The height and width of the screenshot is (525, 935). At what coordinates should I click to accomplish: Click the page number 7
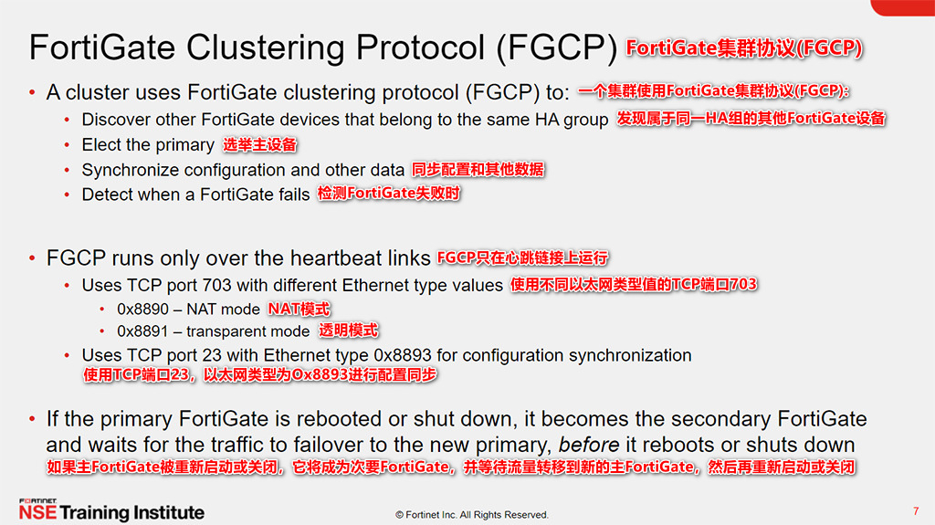(915, 510)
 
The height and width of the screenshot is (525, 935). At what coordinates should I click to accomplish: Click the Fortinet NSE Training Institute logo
(111, 510)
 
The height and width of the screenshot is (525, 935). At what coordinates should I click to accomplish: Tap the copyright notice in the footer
(471, 515)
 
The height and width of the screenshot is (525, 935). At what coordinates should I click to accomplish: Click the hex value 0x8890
(142, 309)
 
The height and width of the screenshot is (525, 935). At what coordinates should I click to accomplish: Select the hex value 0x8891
(142, 331)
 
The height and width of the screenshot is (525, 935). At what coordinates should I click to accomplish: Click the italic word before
(588, 446)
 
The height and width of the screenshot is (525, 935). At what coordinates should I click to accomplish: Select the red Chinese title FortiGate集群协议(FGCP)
(744, 48)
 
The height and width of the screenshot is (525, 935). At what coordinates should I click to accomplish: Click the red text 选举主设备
(260, 145)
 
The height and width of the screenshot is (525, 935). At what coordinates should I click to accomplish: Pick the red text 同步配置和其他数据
(478, 169)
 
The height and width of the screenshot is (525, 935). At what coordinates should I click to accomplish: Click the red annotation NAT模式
(299, 309)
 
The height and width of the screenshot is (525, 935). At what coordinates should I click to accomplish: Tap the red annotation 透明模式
(348, 331)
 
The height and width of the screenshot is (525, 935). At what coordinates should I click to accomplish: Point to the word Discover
(115, 120)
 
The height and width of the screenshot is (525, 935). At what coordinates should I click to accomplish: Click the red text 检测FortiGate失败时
(388, 194)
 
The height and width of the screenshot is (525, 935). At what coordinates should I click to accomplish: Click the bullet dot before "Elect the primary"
(68, 145)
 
